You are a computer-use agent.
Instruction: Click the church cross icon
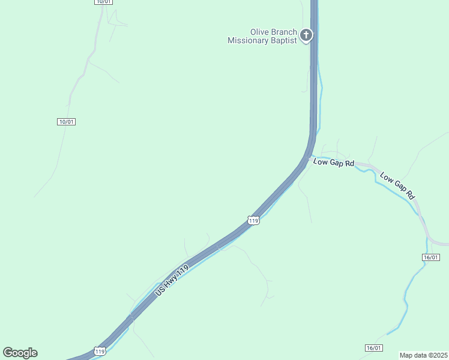tap(306, 35)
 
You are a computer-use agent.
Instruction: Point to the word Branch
tap(285, 32)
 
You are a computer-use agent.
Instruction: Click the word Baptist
tap(286, 41)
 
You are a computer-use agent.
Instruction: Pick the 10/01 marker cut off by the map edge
tap(103, 2)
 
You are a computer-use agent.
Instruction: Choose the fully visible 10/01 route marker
tap(67, 122)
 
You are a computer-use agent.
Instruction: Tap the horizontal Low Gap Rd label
tap(334, 163)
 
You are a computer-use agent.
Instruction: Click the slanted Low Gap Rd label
tap(397, 186)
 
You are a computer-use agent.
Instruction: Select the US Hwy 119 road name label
tap(172, 280)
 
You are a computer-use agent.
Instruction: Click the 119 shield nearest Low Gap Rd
tap(254, 221)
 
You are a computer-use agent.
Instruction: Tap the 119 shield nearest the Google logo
tap(100, 350)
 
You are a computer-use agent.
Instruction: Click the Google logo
tap(20, 353)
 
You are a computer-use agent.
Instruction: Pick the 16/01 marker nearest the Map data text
tap(373, 348)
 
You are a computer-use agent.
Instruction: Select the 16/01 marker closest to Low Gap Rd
tap(431, 257)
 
